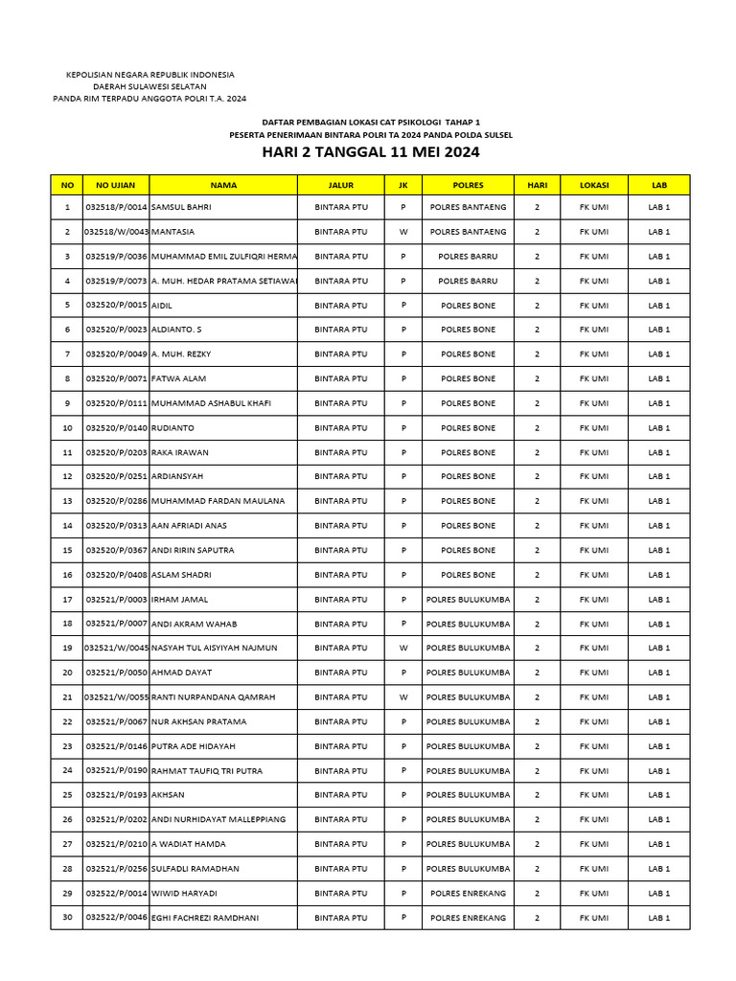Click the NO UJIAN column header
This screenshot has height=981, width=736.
(116, 185)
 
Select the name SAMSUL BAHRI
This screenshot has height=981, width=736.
(182, 207)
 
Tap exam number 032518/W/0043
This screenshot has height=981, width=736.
(116, 232)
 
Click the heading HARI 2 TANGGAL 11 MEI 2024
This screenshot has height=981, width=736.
(371, 152)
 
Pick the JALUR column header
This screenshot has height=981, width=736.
(340, 185)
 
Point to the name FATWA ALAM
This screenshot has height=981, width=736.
(179, 379)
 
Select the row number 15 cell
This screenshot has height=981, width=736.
(66, 551)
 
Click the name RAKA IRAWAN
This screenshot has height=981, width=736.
(180, 452)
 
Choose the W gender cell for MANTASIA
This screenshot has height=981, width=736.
(403, 232)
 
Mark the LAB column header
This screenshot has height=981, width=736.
(658, 185)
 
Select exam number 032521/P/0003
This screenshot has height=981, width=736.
(116, 600)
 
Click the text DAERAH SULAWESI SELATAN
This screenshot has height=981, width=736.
(149, 86)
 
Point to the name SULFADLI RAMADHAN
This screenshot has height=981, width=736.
(195, 869)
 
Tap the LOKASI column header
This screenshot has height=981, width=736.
(593, 185)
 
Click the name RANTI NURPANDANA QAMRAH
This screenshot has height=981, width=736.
(213, 697)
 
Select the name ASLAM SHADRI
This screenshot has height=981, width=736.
(182, 575)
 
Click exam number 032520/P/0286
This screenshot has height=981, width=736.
(116, 501)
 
